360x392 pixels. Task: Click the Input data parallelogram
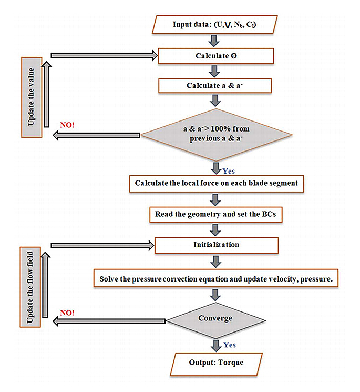pyautogui.click(x=214, y=24)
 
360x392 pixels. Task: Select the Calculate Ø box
pyautogui.click(x=215, y=55)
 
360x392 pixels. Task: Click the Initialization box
pyautogui.click(x=215, y=245)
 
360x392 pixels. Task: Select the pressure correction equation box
pyautogui.click(x=215, y=278)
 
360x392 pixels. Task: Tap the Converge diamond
pyautogui.click(x=215, y=318)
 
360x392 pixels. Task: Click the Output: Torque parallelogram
pyautogui.click(x=215, y=363)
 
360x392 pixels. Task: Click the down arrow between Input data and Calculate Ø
pyautogui.click(x=214, y=41)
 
